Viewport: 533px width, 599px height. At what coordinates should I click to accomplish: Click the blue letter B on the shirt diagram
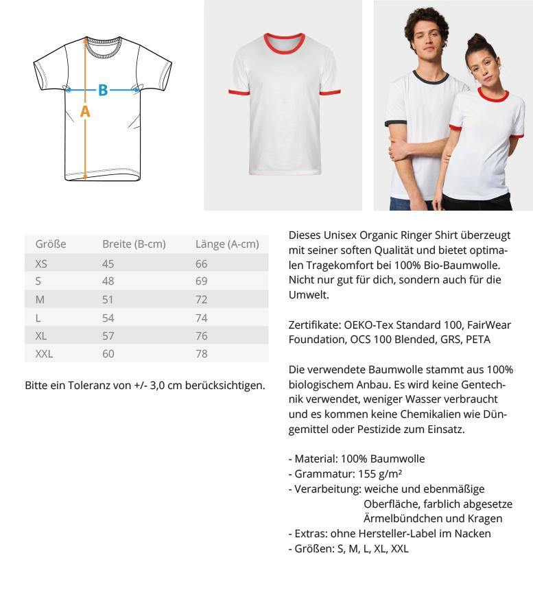click(103, 89)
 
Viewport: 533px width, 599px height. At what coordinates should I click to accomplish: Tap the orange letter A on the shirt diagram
click(85, 111)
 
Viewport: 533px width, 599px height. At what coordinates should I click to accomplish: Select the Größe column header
click(50, 244)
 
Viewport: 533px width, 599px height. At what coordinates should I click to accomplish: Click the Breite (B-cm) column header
click(134, 244)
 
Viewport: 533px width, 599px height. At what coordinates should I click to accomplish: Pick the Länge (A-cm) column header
click(227, 244)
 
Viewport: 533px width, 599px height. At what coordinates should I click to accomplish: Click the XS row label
click(41, 263)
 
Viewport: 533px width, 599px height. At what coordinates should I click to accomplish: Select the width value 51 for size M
click(108, 299)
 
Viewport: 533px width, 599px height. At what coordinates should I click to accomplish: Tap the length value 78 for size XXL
click(202, 353)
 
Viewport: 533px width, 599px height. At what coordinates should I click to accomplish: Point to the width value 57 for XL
click(108, 336)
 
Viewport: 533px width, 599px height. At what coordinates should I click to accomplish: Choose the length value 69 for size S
click(202, 281)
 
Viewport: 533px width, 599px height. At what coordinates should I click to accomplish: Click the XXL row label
click(44, 353)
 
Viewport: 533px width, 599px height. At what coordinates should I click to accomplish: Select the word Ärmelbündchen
click(402, 518)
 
